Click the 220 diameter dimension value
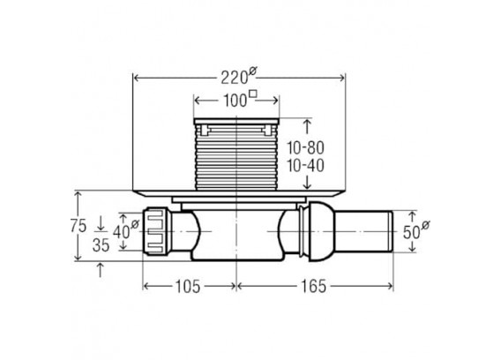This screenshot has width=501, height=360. tap(239, 77)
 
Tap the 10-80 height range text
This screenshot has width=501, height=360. tap(305, 148)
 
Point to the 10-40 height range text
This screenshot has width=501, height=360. tap(305, 166)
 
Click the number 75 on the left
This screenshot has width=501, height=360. tap(79, 227)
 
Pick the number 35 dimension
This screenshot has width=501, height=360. tap(101, 245)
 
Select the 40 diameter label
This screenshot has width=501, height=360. tap(125, 230)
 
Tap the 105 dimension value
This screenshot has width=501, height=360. tap(188, 286)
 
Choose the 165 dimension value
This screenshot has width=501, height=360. tap(314, 286)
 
